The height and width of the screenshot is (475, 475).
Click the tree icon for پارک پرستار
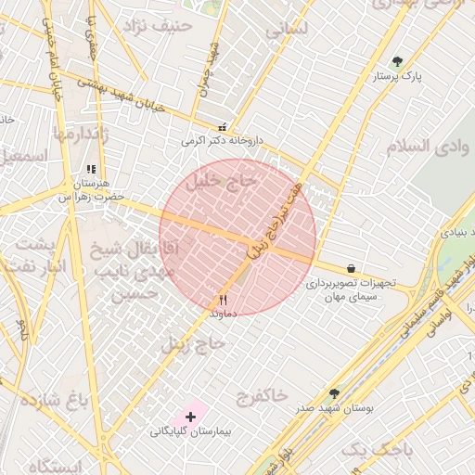[x=397, y=61]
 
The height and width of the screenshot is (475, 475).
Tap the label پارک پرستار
[x=397, y=77]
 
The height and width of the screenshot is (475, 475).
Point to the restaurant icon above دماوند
[x=223, y=300]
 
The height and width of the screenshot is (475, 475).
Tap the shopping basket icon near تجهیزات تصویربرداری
[x=350, y=266]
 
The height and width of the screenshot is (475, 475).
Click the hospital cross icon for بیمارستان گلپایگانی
[x=192, y=417]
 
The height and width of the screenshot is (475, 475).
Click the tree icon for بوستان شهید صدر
[x=334, y=393]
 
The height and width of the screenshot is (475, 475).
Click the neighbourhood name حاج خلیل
[x=220, y=184]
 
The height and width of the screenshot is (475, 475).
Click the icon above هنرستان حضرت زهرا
[x=90, y=170]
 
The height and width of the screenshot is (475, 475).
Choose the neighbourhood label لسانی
[x=286, y=29]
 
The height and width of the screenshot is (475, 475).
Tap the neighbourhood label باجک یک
[x=376, y=450]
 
